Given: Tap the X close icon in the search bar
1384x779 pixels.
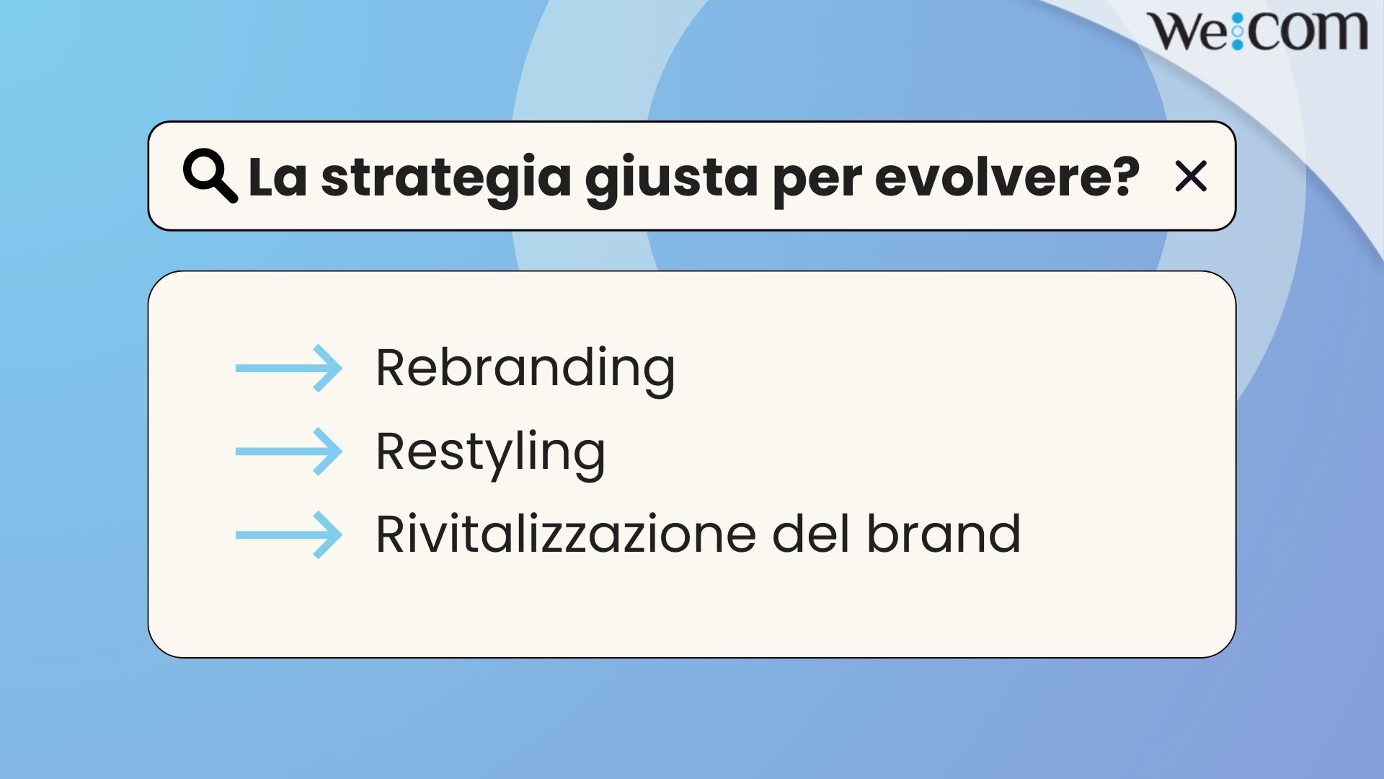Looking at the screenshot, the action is (x=1190, y=177).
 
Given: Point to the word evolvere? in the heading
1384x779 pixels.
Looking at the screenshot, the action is (x=1007, y=177).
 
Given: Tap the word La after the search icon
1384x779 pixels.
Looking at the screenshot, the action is (x=278, y=177).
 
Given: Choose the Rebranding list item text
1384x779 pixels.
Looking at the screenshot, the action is (x=525, y=369).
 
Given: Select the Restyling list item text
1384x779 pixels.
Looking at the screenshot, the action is (x=490, y=453).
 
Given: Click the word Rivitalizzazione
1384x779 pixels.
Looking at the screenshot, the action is (x=566, y=534).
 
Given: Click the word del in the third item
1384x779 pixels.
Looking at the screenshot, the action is (x=811, y=534).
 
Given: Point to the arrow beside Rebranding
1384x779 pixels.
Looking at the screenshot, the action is (x=289, y=369).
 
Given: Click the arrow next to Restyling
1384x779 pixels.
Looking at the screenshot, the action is (x=289, y=452).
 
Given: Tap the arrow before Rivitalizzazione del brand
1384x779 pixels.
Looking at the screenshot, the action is (x=289, y=535).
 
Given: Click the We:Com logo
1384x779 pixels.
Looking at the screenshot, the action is (x=1257, y=30).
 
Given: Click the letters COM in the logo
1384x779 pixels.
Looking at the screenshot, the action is (x=1306, y=30).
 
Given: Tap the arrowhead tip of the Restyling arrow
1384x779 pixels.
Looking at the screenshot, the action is (x=342, y=452).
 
